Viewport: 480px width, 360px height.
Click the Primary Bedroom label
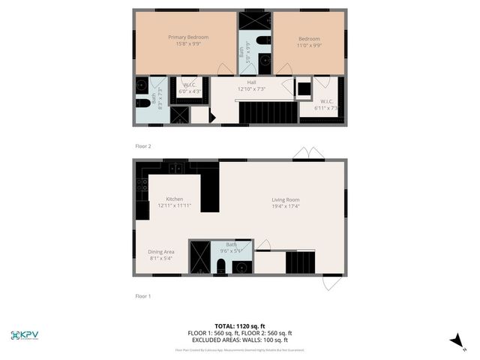188,37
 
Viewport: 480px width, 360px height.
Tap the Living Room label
285,199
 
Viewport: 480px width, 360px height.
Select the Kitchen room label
175,199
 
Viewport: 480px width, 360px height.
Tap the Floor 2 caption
142,146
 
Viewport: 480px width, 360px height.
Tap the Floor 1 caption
142,296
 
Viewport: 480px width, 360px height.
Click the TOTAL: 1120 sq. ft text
240,326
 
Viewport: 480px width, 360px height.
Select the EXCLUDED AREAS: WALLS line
240,340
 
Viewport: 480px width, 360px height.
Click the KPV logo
24,334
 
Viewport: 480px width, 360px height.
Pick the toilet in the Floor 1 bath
220,266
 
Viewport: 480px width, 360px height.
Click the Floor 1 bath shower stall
199,256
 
